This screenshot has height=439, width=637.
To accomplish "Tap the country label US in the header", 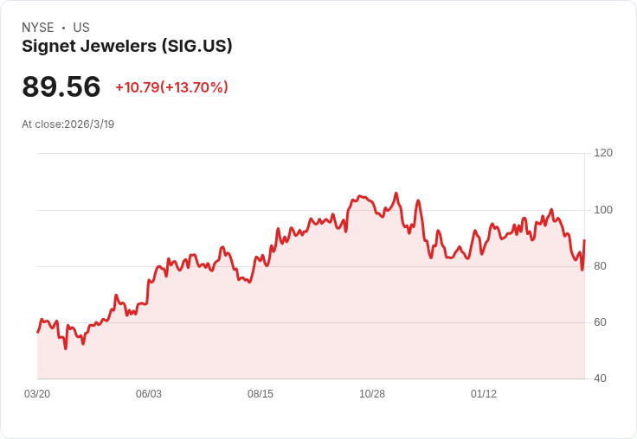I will [81, 28].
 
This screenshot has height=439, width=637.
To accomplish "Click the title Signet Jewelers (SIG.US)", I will [127, 47].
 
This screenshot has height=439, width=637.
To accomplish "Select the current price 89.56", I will [61, 87].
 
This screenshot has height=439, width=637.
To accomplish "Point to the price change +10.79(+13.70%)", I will [171, 87].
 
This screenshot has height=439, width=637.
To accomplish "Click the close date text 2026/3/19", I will [89, 124].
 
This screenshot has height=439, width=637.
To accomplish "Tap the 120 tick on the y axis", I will [603, 153].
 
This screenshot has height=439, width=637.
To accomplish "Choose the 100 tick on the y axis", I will [603, 210].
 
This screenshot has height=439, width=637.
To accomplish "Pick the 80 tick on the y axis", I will [601, 266].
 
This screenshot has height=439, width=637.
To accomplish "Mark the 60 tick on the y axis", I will [601, 322].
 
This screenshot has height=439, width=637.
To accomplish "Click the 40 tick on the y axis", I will [601, 379].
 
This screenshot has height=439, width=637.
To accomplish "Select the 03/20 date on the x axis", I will [37, 394].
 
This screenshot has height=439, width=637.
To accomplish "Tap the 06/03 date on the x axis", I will [149, 394].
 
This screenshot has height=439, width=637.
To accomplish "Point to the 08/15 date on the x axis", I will [261, 394].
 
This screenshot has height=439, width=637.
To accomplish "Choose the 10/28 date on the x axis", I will [372, 394].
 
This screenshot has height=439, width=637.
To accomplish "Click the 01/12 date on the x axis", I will [484, 394].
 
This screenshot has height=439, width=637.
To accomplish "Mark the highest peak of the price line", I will [396, 194].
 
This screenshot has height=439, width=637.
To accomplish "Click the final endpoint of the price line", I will [584, 240].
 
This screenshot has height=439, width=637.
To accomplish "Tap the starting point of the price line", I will [37, 332].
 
